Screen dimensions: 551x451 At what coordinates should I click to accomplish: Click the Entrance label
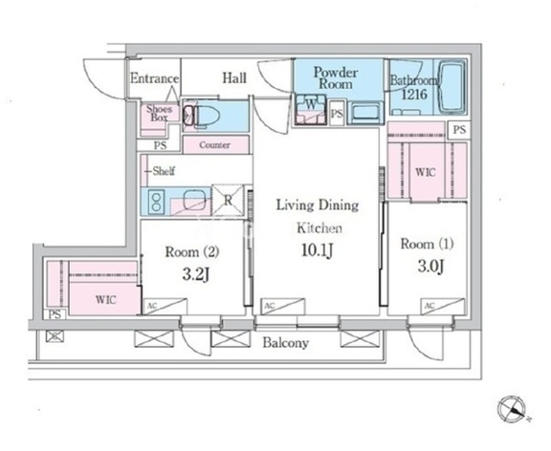[x=155, y=78]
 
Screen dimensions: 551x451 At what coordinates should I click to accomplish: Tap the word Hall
[x=234, y=78]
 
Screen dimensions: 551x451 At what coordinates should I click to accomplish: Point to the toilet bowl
[x=208, y=116]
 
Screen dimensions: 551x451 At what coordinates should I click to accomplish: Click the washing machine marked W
[x=311, y=109]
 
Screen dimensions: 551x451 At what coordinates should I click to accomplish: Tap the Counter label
[x=214, y=145]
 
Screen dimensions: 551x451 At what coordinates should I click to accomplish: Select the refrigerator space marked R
[x=228, y=200]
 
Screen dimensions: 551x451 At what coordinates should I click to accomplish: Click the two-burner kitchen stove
[x=156, y=202]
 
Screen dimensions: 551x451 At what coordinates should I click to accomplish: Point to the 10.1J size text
[x=317, y=250]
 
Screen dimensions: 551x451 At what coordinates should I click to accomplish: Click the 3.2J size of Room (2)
[x=196, y=275]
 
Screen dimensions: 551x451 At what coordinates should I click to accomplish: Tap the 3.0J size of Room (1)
[x=431, y=267]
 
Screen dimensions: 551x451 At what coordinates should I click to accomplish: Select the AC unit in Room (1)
[x=443, y=306]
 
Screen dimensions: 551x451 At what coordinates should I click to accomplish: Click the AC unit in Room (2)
[x=165, y=307]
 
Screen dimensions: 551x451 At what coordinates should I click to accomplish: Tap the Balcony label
[x=286, y=343]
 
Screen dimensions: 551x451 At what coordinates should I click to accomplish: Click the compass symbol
[x=512, y=410]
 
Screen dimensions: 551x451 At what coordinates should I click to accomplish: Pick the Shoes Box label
[x=159, y=113]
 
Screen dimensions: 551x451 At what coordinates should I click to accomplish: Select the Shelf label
[x=164, y=171]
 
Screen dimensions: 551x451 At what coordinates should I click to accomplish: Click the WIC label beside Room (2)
[x=106, y=300]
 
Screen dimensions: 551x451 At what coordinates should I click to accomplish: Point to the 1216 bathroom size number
[x=414, y=94]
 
